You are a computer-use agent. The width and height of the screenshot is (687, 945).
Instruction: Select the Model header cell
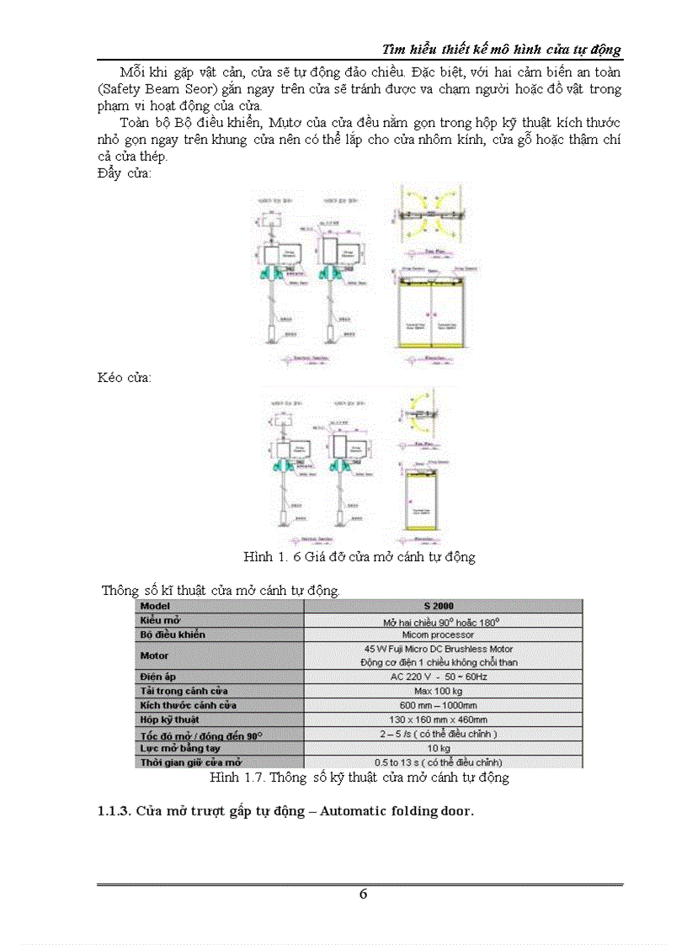155,606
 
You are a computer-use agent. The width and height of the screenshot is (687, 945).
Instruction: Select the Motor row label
154,656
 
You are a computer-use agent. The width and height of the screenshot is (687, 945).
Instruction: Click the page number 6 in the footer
363,895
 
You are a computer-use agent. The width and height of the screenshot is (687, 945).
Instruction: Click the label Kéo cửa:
125,378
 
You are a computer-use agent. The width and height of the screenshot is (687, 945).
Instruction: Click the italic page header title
502,49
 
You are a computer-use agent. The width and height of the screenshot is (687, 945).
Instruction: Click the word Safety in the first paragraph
123,88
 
